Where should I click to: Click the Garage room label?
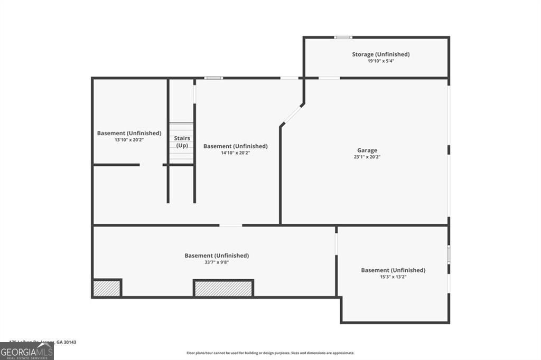click(367, 150)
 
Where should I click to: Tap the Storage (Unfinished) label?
click(381, 54)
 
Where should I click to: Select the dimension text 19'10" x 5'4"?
click(381, 61)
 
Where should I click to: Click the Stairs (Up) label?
click(182, 141)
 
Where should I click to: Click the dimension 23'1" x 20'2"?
click(367, 157)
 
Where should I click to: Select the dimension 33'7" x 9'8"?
click(217, 262)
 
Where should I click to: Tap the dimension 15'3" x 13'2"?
click(393, 277)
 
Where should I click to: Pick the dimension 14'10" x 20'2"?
click(236, 153)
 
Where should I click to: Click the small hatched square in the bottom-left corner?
click(107, 288)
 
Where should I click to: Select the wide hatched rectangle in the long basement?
click(223, 288)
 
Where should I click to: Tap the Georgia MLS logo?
click(26, 352)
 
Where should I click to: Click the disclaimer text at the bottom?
click(270, 353)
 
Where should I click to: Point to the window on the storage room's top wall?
click(343, 37)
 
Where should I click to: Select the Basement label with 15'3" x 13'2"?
click(393, 270)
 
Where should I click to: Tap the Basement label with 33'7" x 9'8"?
click(217, 255)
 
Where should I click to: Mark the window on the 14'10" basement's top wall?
click(213, 78)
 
